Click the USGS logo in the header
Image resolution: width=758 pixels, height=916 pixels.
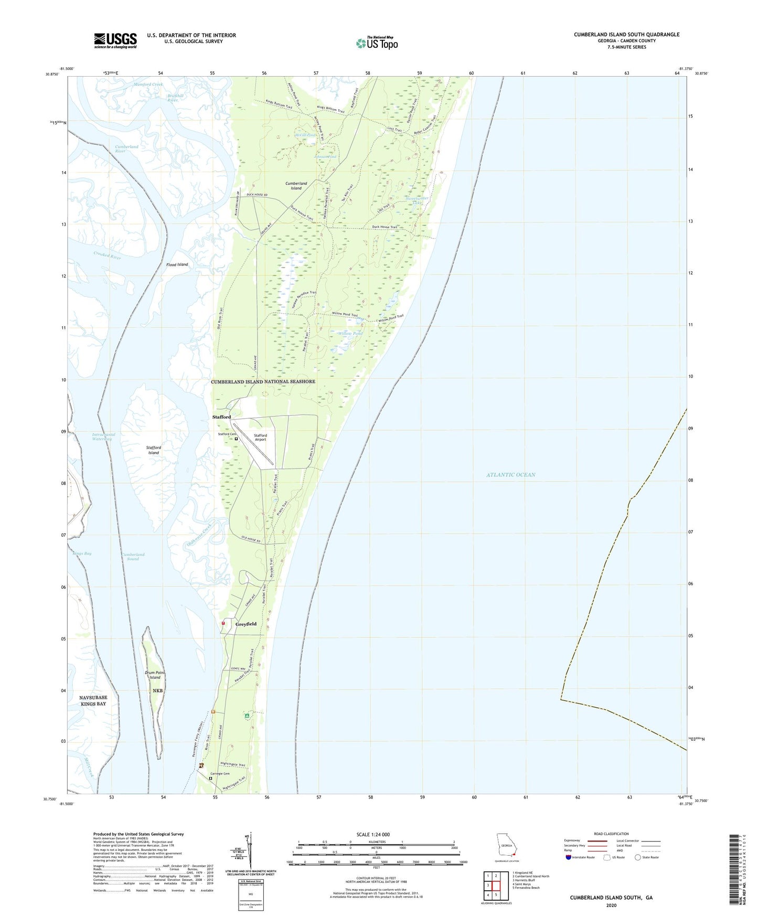[115, 40]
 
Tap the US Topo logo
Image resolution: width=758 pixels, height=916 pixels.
[377, 43]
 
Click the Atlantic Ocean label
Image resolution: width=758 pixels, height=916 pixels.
[510, 475]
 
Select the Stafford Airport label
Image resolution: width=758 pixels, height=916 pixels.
[260, 437]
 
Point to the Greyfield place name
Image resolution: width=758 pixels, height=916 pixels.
[246, 624]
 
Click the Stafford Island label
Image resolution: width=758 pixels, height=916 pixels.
[154, 450]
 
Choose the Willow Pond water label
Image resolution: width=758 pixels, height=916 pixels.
[350, 333]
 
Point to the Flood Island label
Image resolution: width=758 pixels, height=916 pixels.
[177, 264]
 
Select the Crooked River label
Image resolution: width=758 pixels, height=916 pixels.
[108, 255]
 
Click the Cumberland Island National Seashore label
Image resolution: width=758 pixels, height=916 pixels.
[263, 381]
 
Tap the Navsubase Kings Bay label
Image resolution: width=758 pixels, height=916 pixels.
[93, 700]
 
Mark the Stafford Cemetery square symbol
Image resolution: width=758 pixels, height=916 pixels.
[236, 439]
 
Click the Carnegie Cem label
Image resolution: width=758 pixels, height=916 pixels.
[220, 773]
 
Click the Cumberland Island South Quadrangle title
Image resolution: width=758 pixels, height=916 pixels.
[626, 35]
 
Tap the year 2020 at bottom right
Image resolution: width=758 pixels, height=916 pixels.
[611, 905]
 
